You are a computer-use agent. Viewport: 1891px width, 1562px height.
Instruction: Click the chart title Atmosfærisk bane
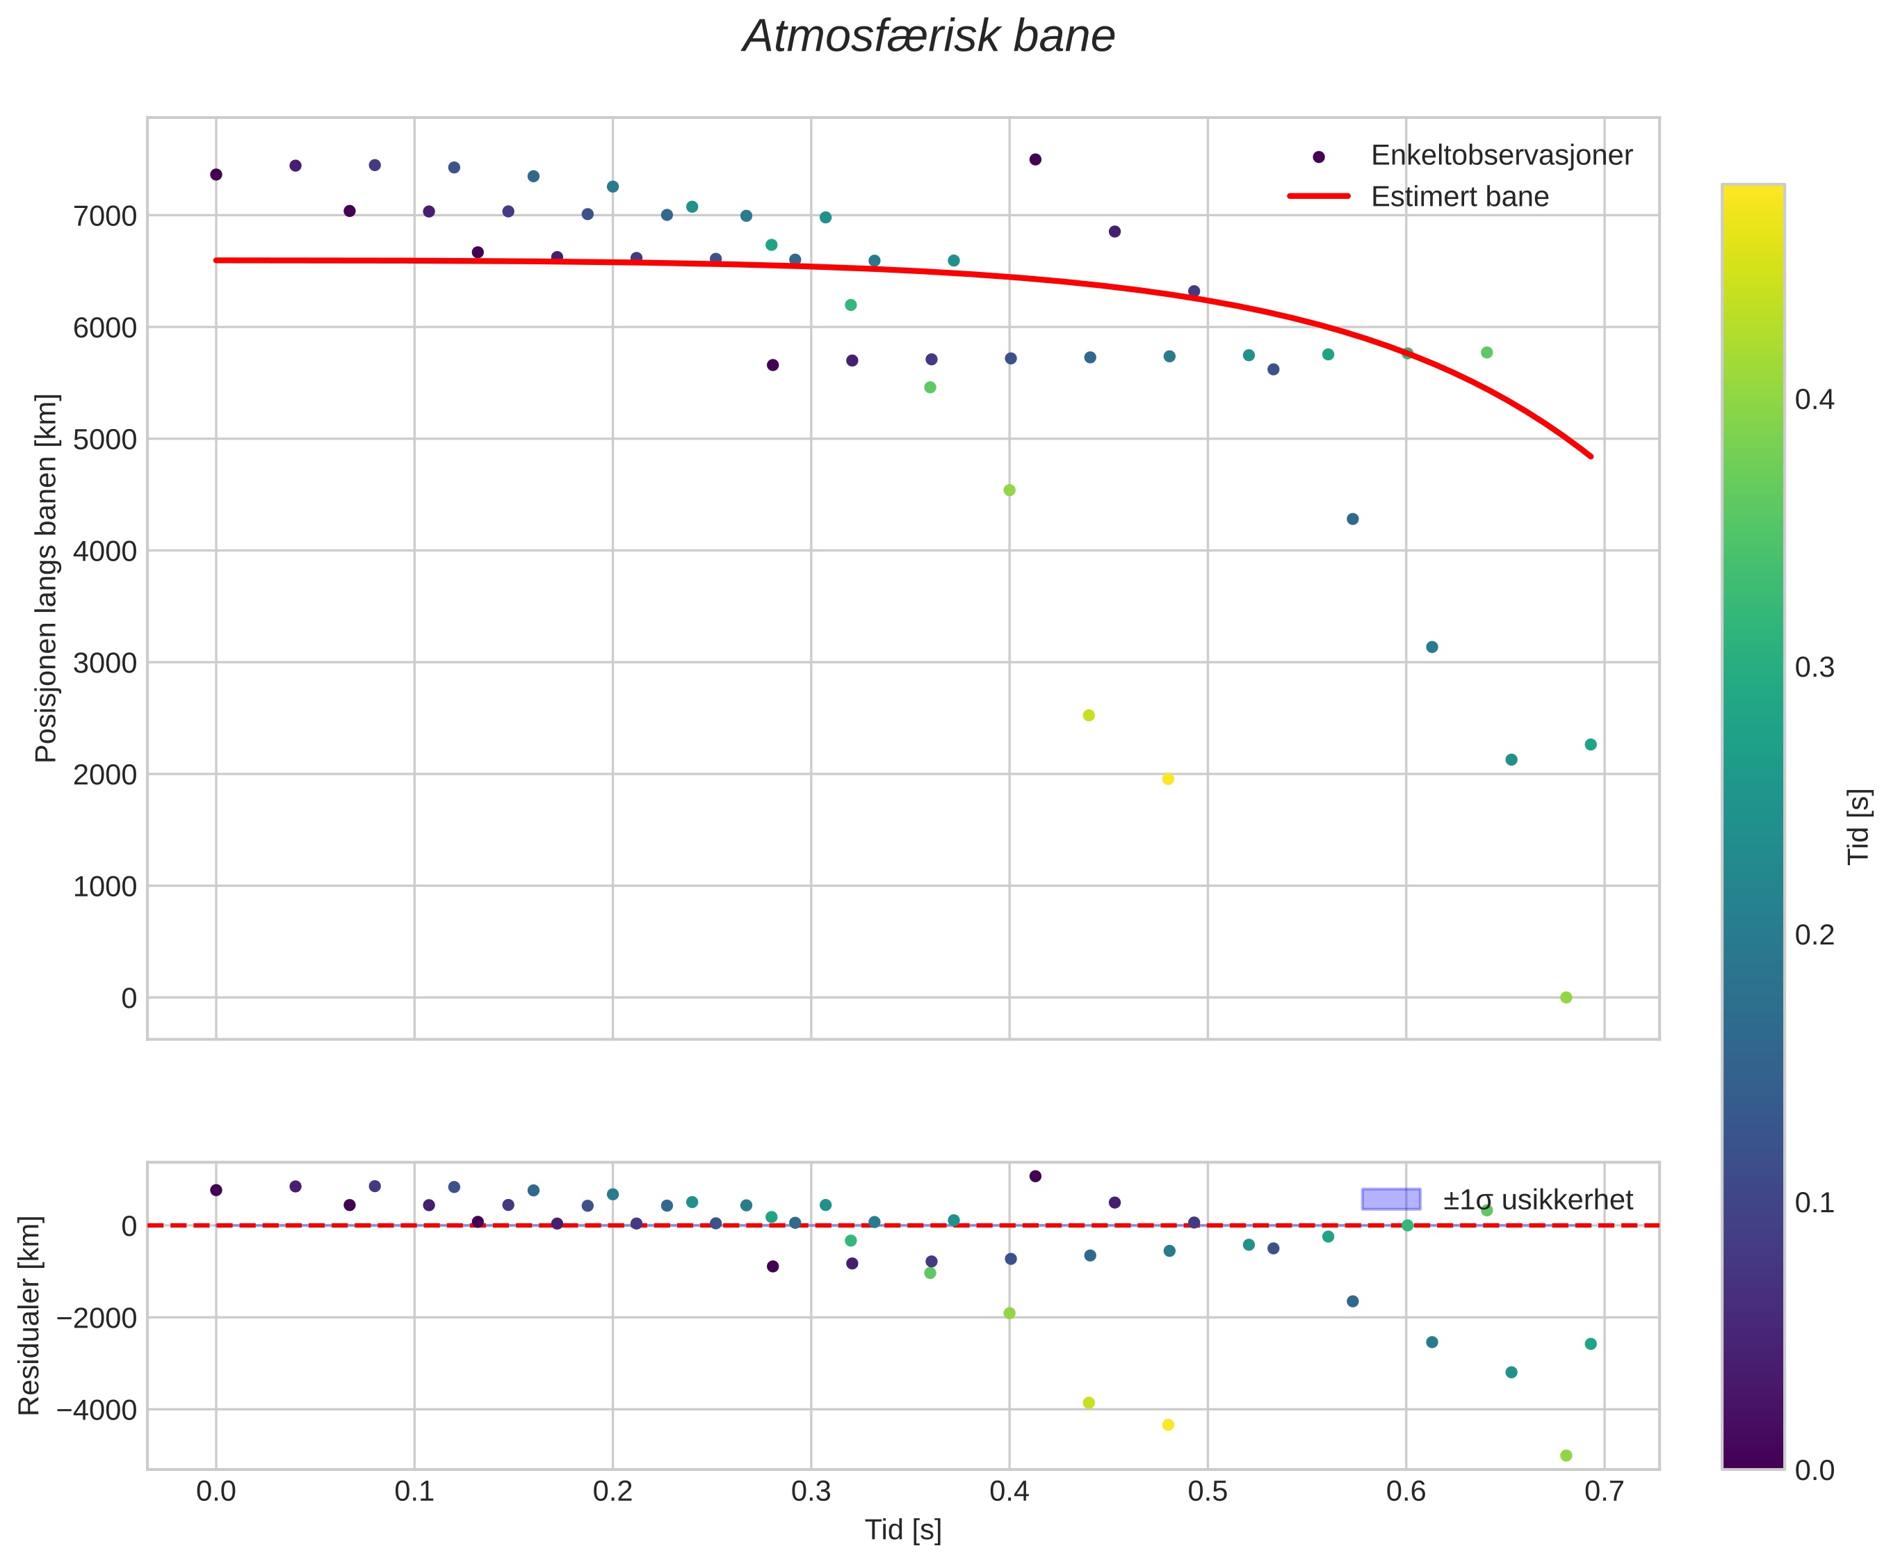pyautogui.click(x=927, y=38)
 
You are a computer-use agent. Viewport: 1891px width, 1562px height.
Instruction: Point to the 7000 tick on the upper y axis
pyautogui.click(x=104, y=216)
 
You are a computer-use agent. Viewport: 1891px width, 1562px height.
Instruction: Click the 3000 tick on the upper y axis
pyautogui.click(x=104, y=663)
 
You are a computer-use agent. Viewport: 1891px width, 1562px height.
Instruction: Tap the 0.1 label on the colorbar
pyautogui.click(x=1814, y=1204)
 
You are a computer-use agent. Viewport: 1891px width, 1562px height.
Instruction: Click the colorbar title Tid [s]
pyautogui.click(x=1858, y=826)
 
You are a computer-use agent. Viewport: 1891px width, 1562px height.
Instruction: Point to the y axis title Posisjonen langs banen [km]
pyautogui.click(x=46, y=578)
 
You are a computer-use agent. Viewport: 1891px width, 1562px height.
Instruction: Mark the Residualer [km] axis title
pyautogui.click(x=30, y=1316)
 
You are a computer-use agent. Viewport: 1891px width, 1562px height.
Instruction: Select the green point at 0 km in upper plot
pyautogui.click(x=1566, y=997)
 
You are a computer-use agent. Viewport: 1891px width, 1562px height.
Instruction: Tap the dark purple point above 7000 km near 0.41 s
pyautogui.click(x=1034, y=159)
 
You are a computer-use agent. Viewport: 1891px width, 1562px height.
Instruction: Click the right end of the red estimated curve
pyautogui.click(x=1591, y=456)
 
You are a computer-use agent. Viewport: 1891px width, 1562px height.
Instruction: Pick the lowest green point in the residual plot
pyautogui.click(x=1566, y=1456)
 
